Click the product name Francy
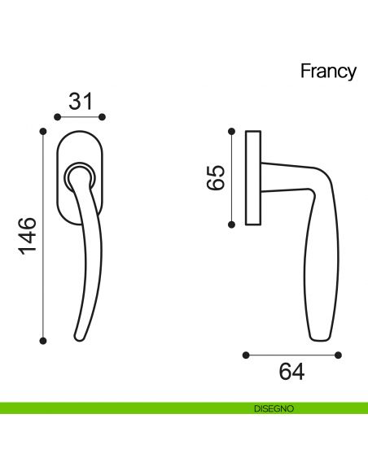(x=328, y=72)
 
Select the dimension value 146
(x=27, y=235)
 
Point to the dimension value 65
(x=215, y=176)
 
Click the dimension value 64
(x=291, y=372)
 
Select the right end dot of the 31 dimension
(x=103, y=116)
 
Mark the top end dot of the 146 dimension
(x=43, y=130)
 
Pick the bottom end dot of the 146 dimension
(x=43, y=340)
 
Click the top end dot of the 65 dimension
(x=232, y=130)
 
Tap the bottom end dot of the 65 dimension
(x=232, y=224)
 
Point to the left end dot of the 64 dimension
(x=246, y=355)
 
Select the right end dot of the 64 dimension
(x=340, y=355)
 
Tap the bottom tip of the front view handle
(x=79, y=336)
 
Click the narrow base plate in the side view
(x=252, y=176)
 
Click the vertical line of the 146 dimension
(x=43, y=236)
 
